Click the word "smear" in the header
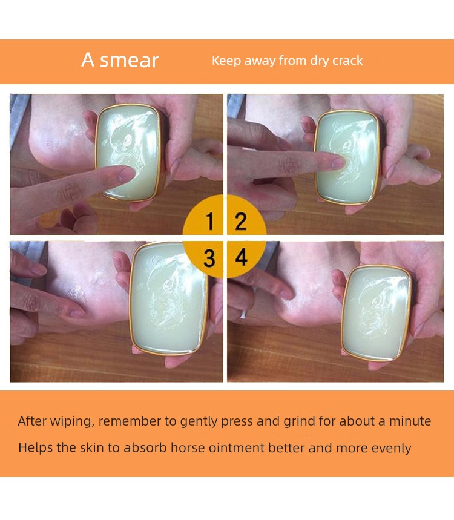point(129,61)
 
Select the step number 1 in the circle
point(209,221)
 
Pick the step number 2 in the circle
point(241,221)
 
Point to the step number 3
point(209,258)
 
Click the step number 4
point(241,257)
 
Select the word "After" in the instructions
point(32,421)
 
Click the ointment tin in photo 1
point(130,153)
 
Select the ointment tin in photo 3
point(169,298)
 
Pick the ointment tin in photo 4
point(377,313)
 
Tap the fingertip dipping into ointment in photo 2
point(338,162)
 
